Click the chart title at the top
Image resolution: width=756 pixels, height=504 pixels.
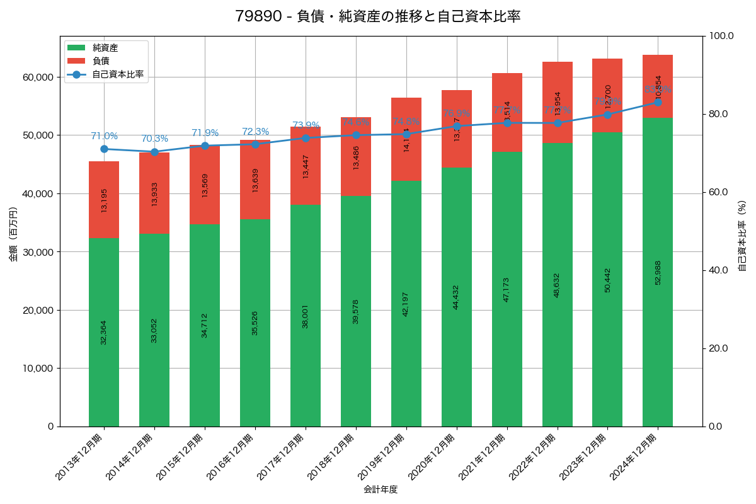pyautogui.click(x=377, y=16)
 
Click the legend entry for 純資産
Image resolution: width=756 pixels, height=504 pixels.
pyautogui.click(x=105, y=48)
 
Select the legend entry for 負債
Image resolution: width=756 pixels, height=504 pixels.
pyautogui.click(x=101, y=61)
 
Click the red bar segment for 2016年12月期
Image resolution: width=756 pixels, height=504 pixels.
pyautogui.click(x=255, y=180)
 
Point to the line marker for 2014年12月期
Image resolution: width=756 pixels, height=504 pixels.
pyautogui.click(x=154, y=152)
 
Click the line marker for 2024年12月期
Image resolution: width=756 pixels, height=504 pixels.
pyautogui.click(x=658, y=102)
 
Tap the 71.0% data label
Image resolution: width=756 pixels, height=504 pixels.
pyautogui.click(x=104, y=136)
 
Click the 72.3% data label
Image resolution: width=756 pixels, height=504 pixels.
pyautogui.click(x=255, y=132)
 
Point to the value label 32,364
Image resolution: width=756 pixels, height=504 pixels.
pyautogui.click(x=104, y=332)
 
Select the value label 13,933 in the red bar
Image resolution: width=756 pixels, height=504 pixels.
pyautogui.click(x=154, y=194)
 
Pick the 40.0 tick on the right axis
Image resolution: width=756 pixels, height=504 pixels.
pyautogui.click(x=718, y=270)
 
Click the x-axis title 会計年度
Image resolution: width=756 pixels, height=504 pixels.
pyautogui.click(x=381, y=490)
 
